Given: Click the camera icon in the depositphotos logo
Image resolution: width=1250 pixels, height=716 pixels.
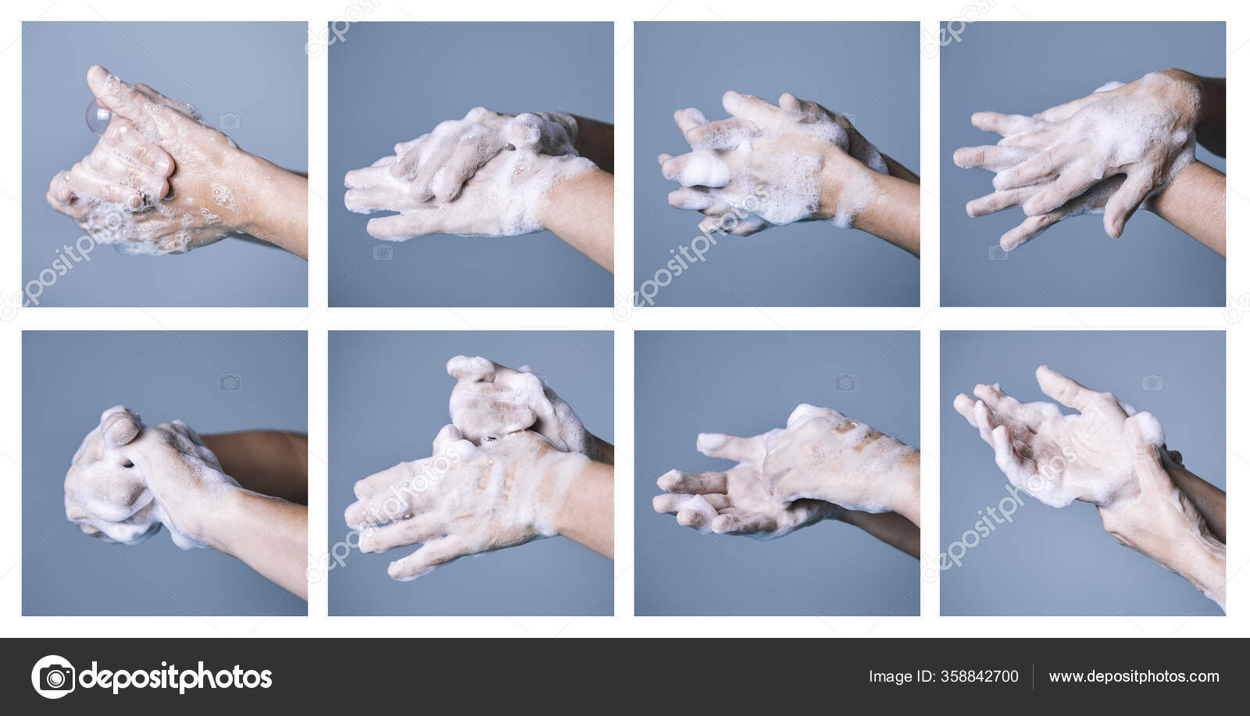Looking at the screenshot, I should coord(52,676).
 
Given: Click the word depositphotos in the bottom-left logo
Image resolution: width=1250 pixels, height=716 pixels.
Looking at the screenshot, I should coord(176,677).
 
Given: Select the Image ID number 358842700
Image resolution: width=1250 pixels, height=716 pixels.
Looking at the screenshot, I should coord(981,677).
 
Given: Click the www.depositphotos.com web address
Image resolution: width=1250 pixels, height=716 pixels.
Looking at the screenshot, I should coord(1134,677).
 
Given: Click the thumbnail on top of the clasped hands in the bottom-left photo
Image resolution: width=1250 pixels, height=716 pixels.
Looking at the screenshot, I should coord(118,426).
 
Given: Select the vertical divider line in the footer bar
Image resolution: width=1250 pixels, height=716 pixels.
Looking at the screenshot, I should coord(1034,677).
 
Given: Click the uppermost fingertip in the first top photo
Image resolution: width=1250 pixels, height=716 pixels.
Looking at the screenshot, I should coord(96,74).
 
